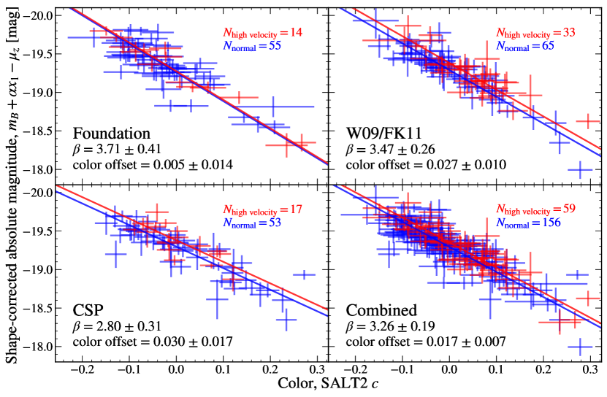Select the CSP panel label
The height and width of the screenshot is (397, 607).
pos(87,309)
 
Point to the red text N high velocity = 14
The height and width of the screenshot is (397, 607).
pos(262,33)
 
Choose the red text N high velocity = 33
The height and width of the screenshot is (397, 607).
pos(536,33)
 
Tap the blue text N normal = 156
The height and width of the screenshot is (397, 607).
pos(529,223)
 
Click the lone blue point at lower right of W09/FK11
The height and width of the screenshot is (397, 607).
pos(580,170)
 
